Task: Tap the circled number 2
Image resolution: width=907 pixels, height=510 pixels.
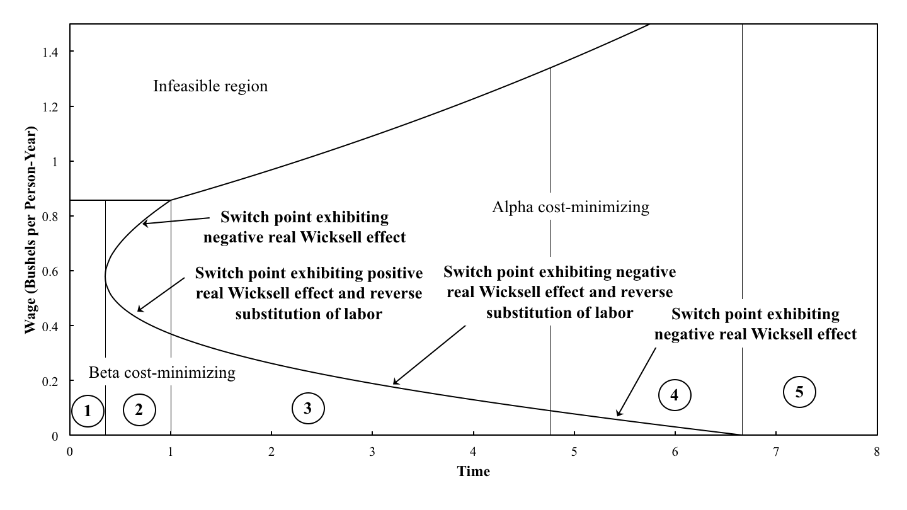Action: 139,409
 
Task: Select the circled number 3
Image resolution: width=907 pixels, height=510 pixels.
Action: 308,409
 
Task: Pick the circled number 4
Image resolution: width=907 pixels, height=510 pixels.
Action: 675,395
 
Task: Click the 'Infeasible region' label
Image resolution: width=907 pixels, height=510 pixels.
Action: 210,86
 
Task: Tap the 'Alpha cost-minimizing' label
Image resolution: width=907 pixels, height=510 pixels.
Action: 570,207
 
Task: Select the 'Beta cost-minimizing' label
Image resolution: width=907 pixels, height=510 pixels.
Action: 162,372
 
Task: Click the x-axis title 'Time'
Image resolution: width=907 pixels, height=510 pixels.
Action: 473,471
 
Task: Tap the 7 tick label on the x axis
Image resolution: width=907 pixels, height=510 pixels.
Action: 775,451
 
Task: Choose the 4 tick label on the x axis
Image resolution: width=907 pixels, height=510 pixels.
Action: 473,451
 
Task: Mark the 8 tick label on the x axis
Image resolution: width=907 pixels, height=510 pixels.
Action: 876,451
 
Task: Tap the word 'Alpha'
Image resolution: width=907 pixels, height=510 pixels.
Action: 511,207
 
